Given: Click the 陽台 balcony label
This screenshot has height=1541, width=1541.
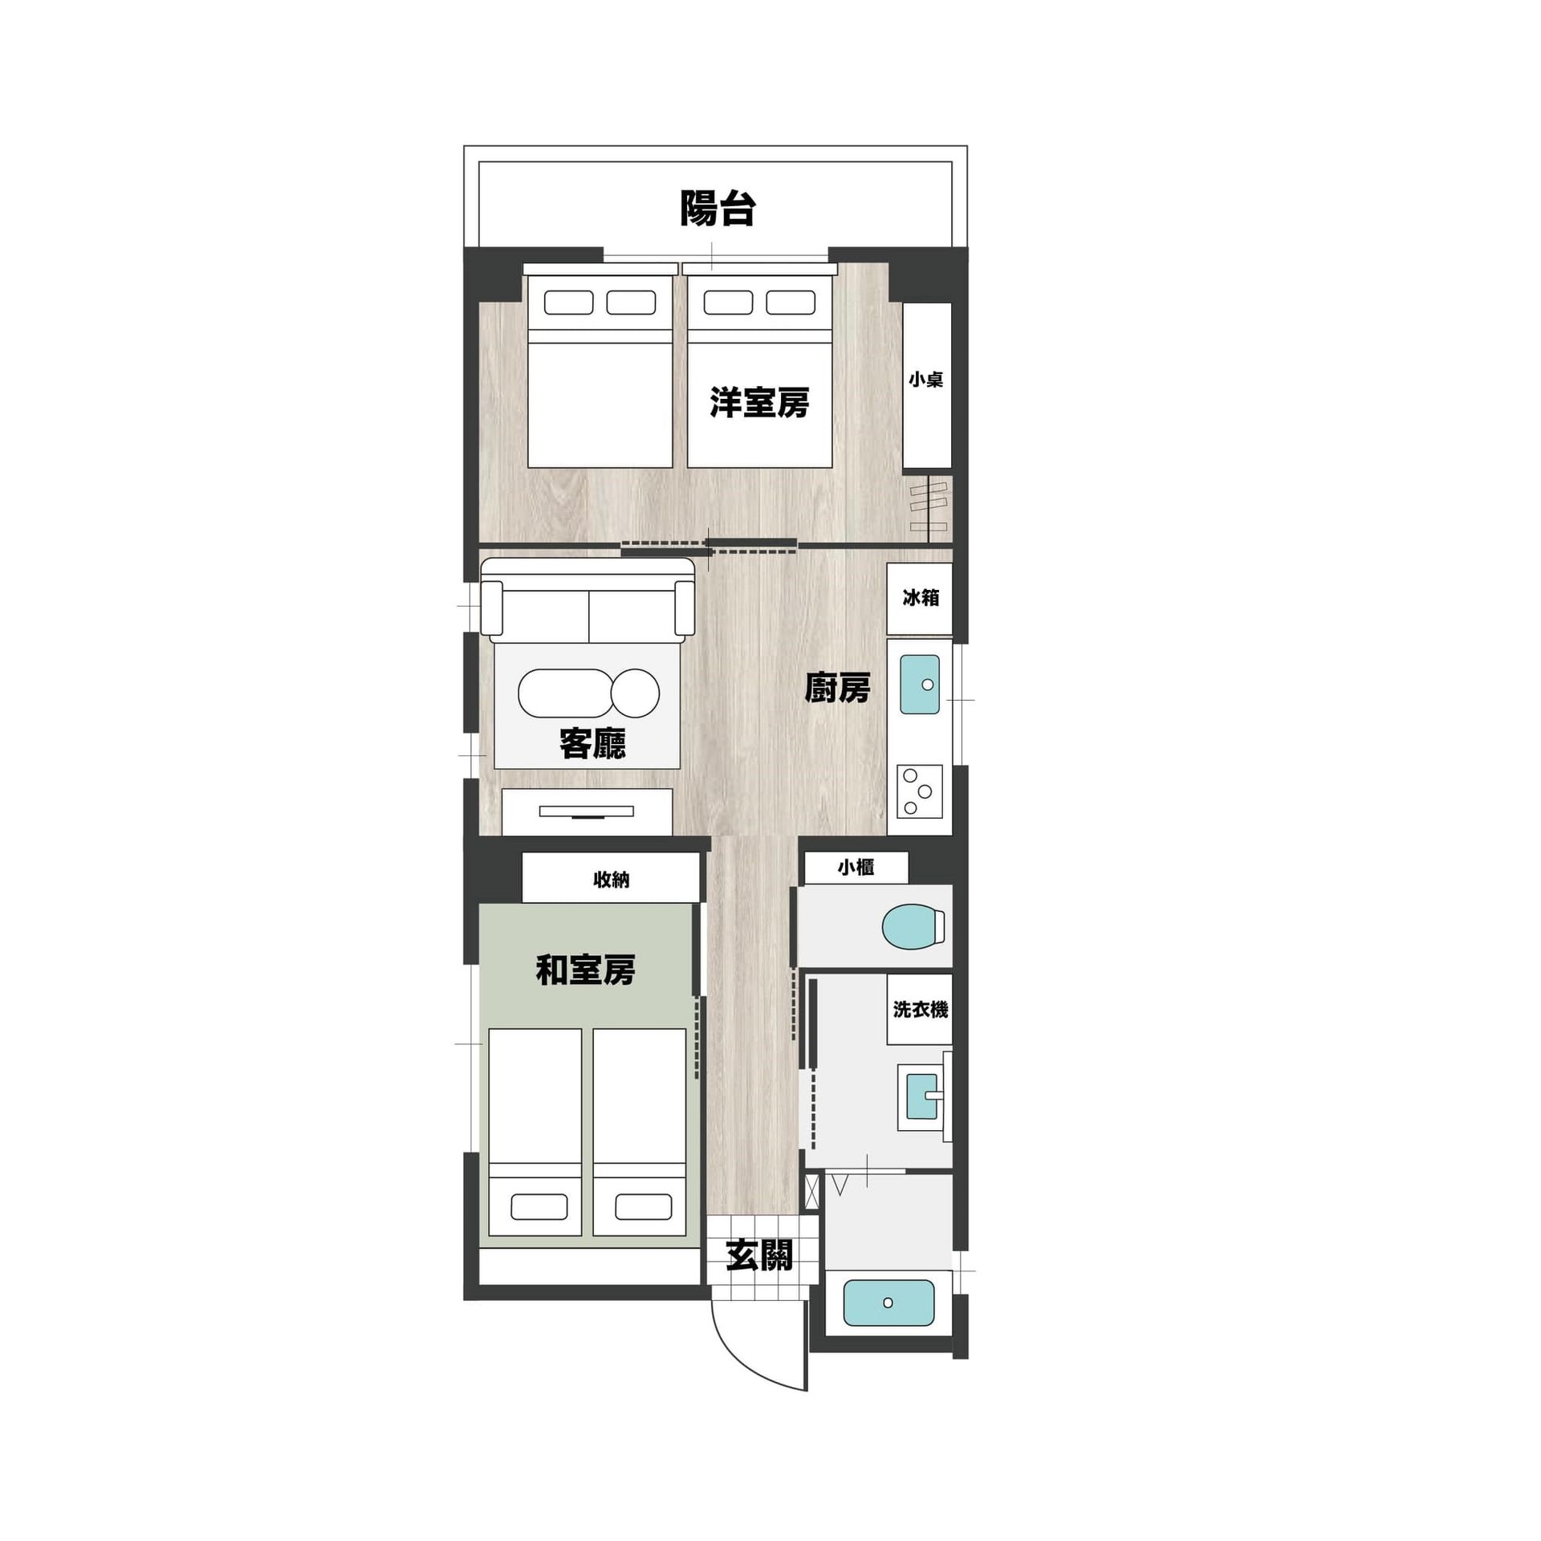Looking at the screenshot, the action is coord(718,208).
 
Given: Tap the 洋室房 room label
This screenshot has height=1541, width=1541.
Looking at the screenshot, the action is coord(758,402).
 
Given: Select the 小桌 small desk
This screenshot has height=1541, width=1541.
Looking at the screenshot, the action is coord(927,385).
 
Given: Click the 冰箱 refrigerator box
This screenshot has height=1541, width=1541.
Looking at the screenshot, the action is coord(920,599).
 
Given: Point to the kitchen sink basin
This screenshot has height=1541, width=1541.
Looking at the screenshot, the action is coord(920,684).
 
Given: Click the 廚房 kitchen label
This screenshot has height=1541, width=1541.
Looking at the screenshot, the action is coord(837,689).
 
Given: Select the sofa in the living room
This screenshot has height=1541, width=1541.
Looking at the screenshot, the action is coord(588,600).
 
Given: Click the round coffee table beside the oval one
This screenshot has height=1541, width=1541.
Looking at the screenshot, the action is coord(636,693).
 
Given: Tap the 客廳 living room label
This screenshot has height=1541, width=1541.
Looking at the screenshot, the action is coord(592,744).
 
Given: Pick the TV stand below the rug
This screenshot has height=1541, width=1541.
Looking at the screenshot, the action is coord(587,811).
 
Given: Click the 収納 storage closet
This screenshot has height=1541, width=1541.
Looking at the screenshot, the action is coord(611,877).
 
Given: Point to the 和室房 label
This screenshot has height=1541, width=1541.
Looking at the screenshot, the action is coord(585,970).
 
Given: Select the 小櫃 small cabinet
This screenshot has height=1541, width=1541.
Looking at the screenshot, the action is coord(856,868).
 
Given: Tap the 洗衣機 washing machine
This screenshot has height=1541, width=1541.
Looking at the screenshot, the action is coord(920,1009).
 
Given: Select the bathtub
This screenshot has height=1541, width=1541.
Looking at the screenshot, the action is coord(888,1303).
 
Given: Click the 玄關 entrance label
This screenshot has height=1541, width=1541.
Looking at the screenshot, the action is coord(759,1256).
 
